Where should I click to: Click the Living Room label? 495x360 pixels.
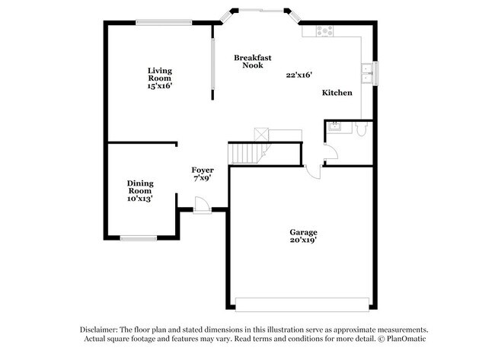(x=160, y=74)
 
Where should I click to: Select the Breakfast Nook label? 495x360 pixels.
(x=253, y=62)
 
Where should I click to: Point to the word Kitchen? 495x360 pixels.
(x=337, y=93)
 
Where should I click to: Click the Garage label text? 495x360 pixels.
(x=302, y=232)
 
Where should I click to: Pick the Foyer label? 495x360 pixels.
(x=202, y=170)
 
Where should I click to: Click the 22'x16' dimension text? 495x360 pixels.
(x=299, y=75)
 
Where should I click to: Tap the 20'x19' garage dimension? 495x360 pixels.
(x=302, y=241)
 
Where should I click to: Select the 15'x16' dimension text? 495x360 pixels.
(x=160, y=86)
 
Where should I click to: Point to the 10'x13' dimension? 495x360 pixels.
(x=140, y=199)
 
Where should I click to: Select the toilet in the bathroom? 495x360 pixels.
(x=362, y=130)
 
